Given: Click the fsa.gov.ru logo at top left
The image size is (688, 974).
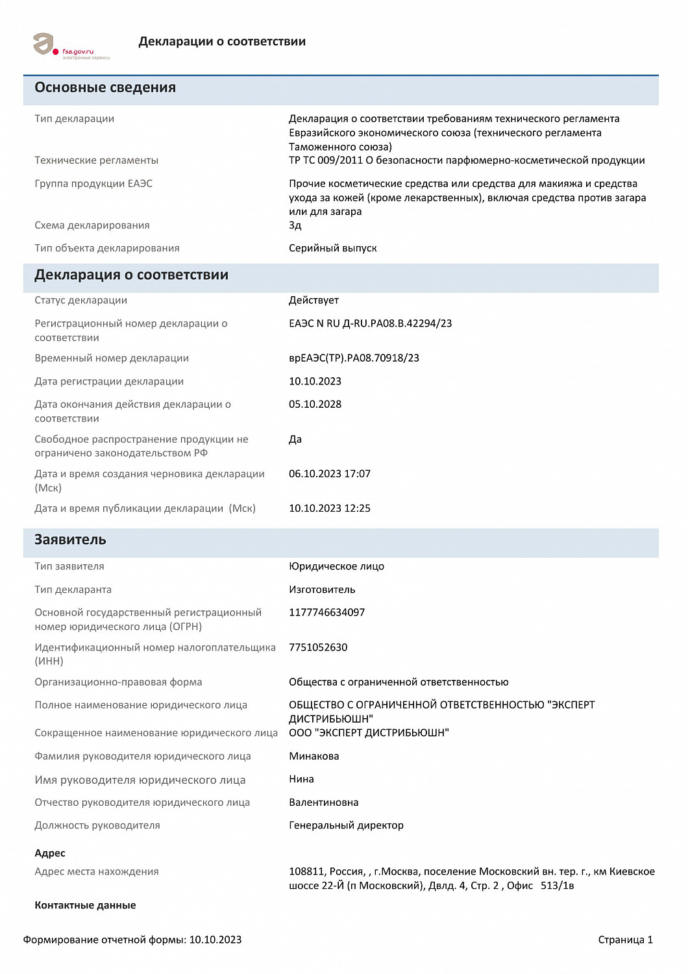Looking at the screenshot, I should click(x=70, y=46).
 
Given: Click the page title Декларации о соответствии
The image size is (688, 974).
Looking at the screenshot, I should click(x=222, y=42).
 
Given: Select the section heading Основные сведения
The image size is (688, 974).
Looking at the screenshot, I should click(x=105, y=88).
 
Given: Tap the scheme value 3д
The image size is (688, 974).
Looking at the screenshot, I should click(x=295, y=225).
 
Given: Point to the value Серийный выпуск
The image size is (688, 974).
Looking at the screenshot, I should click(x=332, y=248).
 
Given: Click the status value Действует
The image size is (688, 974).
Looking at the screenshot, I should click(x=313, y=300).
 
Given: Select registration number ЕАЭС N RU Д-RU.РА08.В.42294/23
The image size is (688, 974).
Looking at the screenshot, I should click(x=370, y=323).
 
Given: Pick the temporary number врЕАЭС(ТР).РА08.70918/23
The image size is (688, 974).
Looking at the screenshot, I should click(x=354, y=358).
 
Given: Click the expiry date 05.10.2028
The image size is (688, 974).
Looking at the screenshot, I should click(x=315, y=404).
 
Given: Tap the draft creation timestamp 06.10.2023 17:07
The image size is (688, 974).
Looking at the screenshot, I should click(x=329, y=474).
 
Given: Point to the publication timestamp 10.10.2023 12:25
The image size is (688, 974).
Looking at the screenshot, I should click(x=329, y=508).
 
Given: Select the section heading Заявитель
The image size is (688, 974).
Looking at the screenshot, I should click(x=70, y=540).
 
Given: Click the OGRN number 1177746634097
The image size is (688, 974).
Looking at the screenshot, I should click(x=326, y=612).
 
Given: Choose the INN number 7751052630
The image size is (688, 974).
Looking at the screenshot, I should click(x=318, y=647).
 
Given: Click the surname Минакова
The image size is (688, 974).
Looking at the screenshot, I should click(x=313, y=756).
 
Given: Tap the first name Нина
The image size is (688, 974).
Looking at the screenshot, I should click(x=301, y=779).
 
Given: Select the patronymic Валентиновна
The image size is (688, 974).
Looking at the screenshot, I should click(x=323, y=803).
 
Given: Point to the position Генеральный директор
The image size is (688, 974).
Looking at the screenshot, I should click(x=346, y=825).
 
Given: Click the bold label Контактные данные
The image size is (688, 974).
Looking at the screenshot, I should click(x=85, y=905).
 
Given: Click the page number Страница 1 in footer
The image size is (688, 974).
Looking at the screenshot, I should click(x=625, y=940).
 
